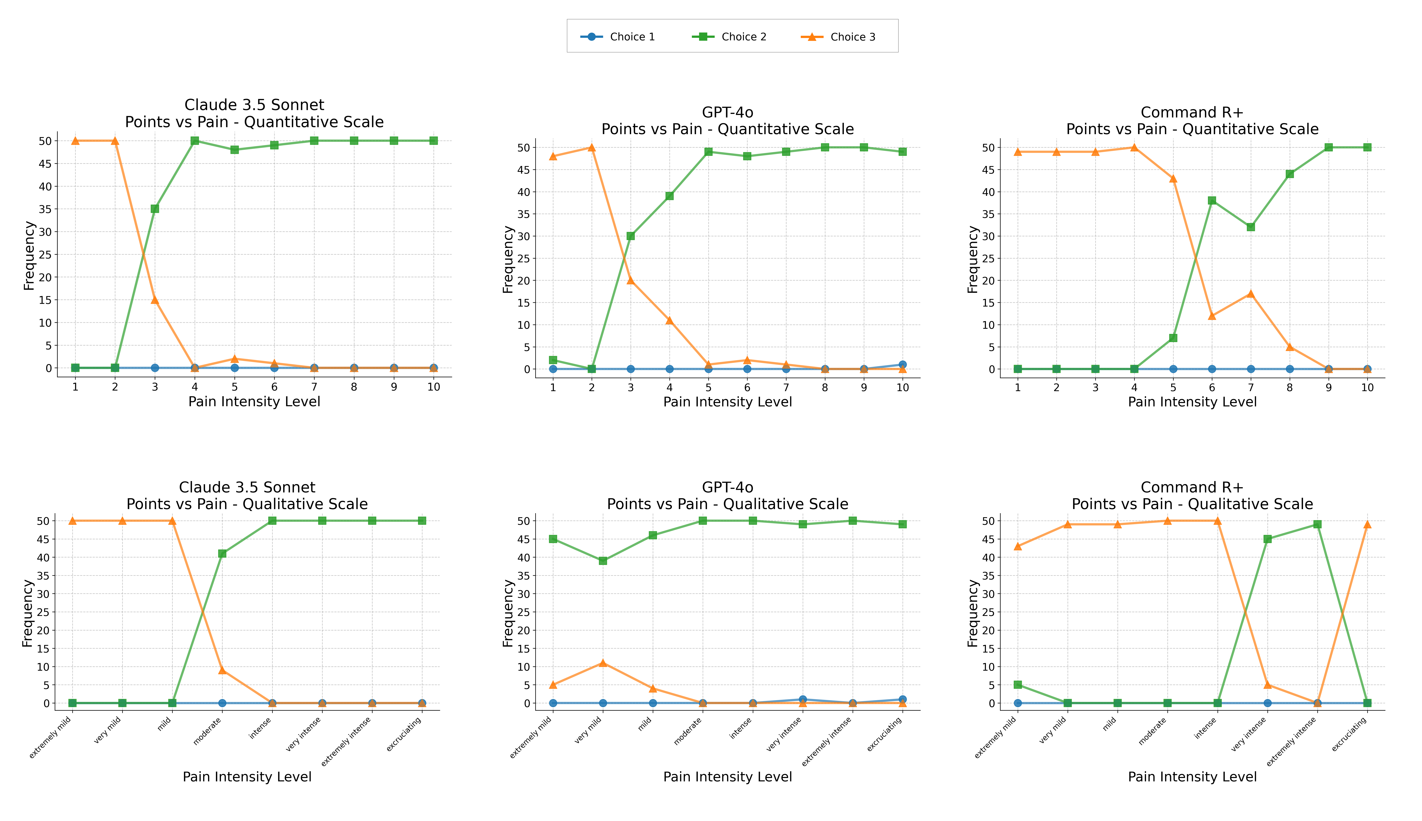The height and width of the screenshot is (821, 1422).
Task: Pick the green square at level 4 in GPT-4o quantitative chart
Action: coord(670,196)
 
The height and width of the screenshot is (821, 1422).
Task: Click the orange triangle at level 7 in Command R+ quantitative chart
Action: coord(1251,294)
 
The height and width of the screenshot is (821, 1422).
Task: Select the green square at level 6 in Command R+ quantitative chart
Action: coord(1212,200)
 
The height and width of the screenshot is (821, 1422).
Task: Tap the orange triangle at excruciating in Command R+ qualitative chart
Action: coord(1367,524)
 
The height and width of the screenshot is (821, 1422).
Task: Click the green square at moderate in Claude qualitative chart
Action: coord(222,553)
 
